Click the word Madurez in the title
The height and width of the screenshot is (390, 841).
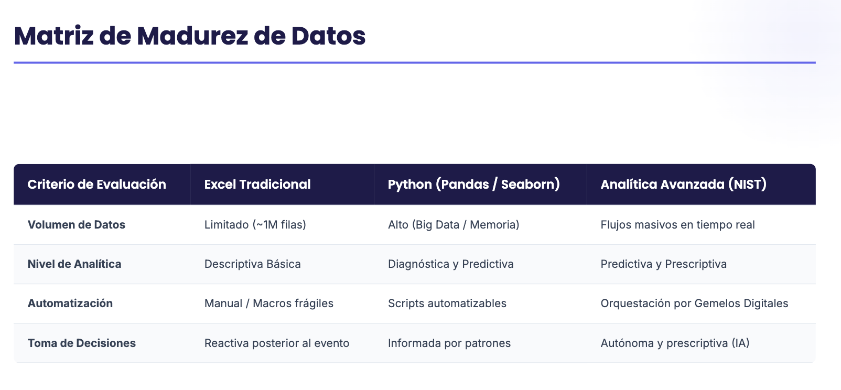pyautogui.click(x=192, y=36)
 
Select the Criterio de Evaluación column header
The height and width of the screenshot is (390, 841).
pyautogui.click(x=96, y=185)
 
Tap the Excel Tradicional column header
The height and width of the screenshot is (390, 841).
pyautogui.click(x=257, y=185)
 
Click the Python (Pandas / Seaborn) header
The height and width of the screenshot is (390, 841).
pyautogui.click(x=474, y=185)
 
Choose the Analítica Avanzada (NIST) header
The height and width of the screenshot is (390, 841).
pyautogui.click(x=683, y=185)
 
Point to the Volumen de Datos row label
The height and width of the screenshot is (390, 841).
pyautogui.click(x=76, y=225)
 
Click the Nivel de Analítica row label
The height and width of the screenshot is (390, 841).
pyautogui.click(x=74, y=264)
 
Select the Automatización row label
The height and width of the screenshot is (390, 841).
pyautogui.click(x=70, y=304)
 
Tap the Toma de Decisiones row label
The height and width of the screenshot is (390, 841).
pyautogui.click(x=81, y=343)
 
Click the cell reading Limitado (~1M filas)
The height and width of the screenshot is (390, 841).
pyautogui.click(x=255, y=225)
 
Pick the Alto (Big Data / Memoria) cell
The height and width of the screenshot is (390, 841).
pyautogui.click(x=454, y=225)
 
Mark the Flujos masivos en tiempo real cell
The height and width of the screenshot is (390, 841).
pyautogui.click(x=678, y=225)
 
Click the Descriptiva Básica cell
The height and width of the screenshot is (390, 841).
pyautogui.click(x=252, y=264)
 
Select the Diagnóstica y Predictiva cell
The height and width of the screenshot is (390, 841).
pyautogui.click(x=450, y=264)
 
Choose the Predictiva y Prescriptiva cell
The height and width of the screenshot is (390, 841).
pyautogui.click(x=663, y=264)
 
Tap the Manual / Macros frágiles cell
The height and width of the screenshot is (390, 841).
pyautogui.click(x=269, y=304)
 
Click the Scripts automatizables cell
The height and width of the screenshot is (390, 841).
pyautogui.click(x=447, y=304)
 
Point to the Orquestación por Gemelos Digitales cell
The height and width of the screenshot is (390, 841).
pyautogui.click(x=694, y=304)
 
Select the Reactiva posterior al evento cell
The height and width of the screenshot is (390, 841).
pyautogui.click(x=277, y=343)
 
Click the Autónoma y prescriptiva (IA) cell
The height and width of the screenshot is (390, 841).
pyautogui.click(x=675, y=343)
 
